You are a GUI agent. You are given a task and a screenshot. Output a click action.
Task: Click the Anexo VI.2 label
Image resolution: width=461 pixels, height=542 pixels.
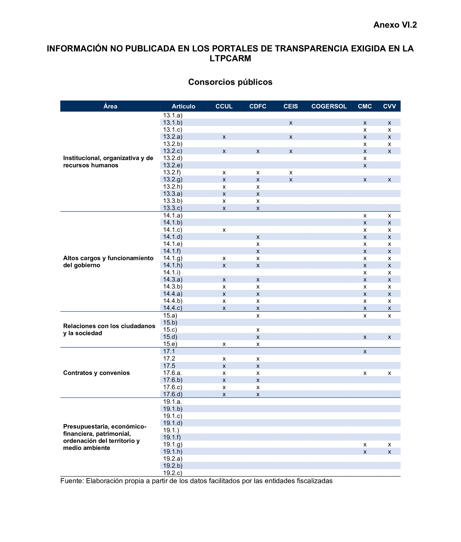395,25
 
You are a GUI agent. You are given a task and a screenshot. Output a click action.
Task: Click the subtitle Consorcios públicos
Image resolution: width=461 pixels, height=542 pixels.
230,82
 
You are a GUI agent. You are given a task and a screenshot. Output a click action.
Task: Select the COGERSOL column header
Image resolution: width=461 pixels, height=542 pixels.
329,106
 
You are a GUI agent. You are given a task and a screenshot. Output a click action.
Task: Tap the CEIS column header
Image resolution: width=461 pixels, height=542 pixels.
291,106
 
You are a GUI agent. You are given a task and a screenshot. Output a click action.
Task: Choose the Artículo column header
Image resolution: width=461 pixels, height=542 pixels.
183,106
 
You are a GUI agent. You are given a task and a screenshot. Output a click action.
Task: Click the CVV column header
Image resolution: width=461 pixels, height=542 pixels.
389,106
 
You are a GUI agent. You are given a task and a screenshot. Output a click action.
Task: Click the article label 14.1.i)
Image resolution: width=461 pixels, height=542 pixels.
172,272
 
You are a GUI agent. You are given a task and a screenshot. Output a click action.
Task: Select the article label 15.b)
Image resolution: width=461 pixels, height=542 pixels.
170,323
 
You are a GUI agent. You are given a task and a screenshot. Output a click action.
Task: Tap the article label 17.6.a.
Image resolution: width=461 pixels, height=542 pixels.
172,373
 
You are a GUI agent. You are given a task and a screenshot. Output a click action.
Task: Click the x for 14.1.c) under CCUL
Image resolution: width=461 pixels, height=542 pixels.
224,230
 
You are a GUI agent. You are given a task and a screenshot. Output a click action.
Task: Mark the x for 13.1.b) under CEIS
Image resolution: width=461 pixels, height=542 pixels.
291,123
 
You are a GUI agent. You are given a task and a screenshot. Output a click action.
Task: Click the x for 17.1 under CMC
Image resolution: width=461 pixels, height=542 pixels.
365,352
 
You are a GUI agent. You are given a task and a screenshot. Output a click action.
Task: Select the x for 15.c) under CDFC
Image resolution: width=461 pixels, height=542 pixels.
258,330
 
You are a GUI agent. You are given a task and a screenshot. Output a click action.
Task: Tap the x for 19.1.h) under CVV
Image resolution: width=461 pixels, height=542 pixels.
389,452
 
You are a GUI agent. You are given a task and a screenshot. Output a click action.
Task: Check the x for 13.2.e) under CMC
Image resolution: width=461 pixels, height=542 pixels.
365,166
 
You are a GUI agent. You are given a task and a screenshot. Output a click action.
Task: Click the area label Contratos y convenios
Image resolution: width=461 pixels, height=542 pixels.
96,373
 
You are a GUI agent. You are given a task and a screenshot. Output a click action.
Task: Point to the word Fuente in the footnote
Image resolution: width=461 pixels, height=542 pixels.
71,481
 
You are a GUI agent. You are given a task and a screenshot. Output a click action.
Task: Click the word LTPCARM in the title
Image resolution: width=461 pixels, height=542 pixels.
230,58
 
